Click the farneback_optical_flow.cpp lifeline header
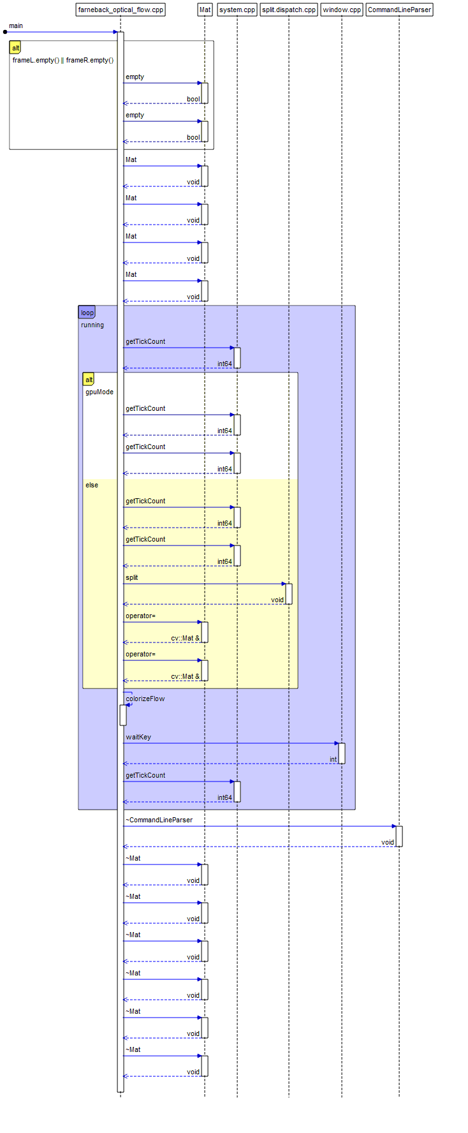point(121,10)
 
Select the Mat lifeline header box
point(205,10)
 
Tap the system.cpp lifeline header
point(237,10)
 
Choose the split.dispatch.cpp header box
point(289,10)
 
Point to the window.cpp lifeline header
point(342,10)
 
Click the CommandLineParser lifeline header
point(399,10)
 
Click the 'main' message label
point(16,26)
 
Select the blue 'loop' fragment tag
point(87,313)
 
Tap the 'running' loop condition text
point(92,325)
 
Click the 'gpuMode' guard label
point(99,392)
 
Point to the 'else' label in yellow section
point(92,485)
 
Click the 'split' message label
point(132,578)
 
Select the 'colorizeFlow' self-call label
point(145,699)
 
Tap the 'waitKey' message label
point(138,737)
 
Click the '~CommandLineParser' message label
point(159,820)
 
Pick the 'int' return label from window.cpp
point(333,760)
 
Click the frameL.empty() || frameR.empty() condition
point(63,61)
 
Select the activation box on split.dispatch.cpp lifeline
point(289,594)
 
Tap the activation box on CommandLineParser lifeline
point(399,836)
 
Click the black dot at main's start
point(5,32)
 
